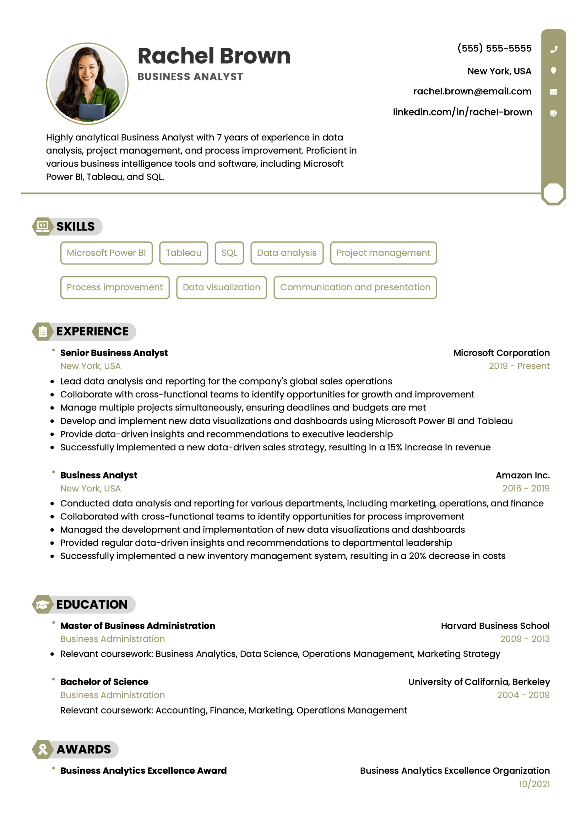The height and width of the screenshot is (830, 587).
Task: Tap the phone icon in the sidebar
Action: (x=553, y=49)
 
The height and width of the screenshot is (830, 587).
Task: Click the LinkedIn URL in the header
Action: (x=462, y=112)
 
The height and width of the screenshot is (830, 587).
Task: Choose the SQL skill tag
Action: (x=229, y=253)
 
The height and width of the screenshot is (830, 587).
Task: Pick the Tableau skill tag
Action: (x=183, y=253)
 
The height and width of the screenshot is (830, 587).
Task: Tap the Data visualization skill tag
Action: (x=221, y=287)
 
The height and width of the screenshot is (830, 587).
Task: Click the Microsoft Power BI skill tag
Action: (x=106, y=253)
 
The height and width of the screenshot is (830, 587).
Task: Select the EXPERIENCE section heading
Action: (x=92, y=331)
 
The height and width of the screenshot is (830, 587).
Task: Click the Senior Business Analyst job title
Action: (x=114, y=353)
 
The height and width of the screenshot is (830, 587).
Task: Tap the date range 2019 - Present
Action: (x=519, y=366)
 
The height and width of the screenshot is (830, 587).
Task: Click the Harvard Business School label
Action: (x=495, y=626)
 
